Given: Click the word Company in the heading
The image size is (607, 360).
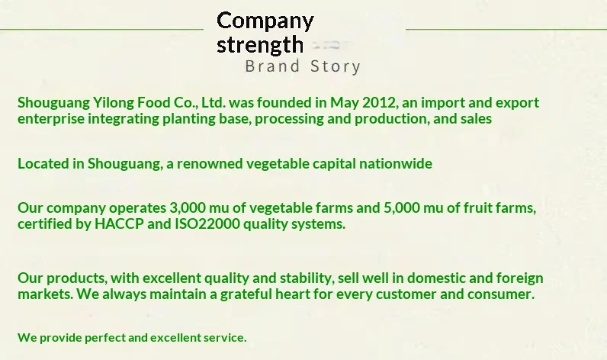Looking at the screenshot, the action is [265, 21].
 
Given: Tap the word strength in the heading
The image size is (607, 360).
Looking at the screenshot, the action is [260, 45].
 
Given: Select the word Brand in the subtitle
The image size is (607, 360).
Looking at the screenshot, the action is [272, 66].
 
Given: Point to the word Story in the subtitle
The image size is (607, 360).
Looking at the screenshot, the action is [336, 66].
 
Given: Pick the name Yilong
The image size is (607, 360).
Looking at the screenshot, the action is [114, 103].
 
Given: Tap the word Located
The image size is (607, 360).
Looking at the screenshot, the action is [43, 163].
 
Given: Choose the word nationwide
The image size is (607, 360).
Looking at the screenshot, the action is [395, 163].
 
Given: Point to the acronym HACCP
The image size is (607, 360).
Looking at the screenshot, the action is [119, 223].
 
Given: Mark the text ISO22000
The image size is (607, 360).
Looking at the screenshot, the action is [207, 223].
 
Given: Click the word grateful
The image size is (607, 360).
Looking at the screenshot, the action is [246, 294].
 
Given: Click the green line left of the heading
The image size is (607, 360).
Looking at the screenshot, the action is [101, 29].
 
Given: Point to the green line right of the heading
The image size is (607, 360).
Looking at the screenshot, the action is [506, 29].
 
